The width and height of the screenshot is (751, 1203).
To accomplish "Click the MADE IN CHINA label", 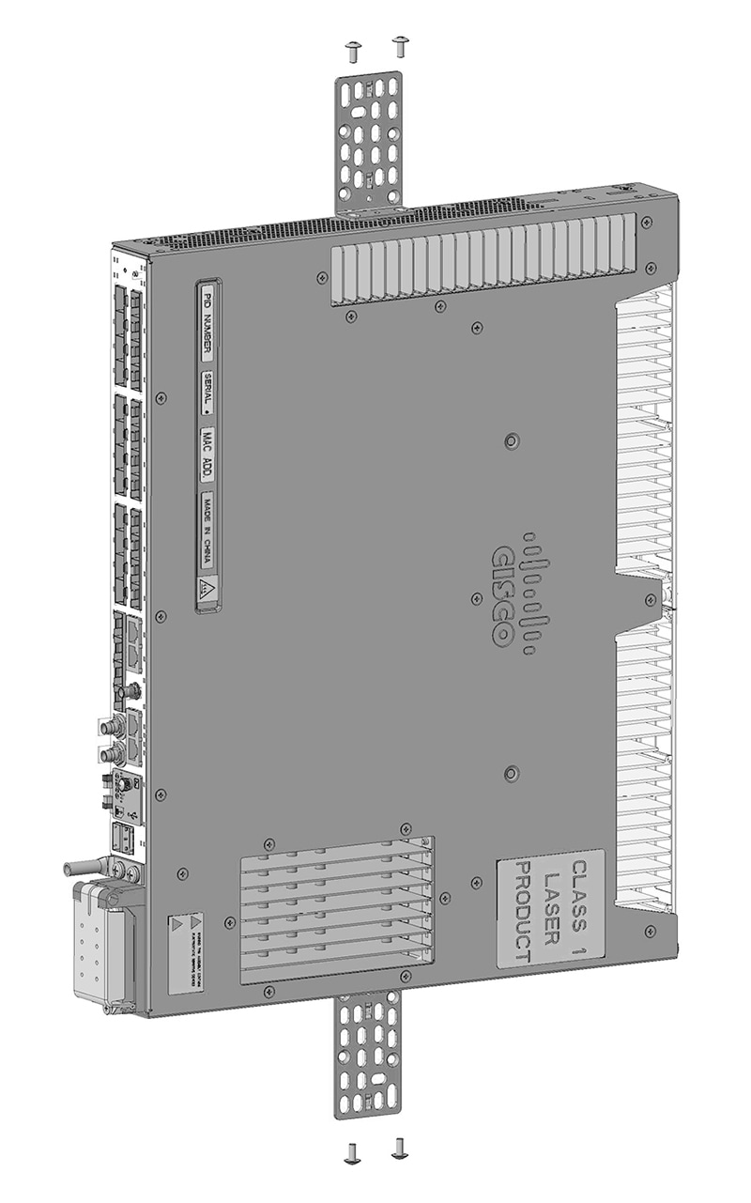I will click(206, 531).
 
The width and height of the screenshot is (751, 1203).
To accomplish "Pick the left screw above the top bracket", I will click(353, 51).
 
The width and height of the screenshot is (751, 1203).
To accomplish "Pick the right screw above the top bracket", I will click(401, 45).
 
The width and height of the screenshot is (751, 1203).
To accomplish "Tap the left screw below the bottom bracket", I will click(353, 1152).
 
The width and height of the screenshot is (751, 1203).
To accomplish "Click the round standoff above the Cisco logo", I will click(511, 441).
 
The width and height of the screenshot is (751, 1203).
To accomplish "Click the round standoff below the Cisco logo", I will click(511, 773).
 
